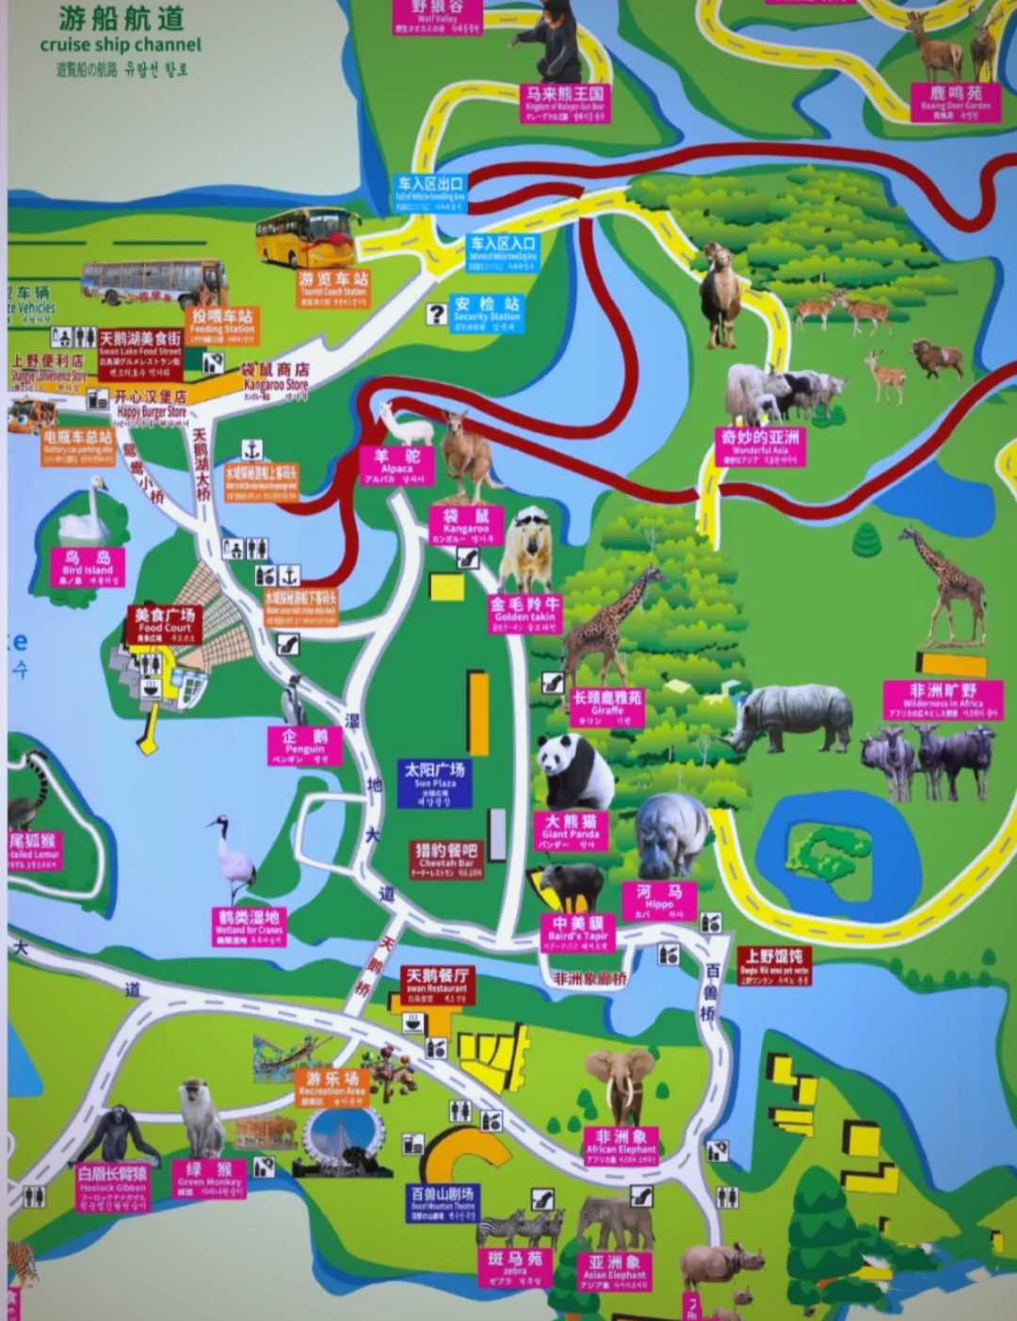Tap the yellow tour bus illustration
[307, 236]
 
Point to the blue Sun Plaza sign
[434, 783]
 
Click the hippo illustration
[670, 832]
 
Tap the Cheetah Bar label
[446, 859]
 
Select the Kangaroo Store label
[275, 379]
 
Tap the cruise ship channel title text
[121, 44]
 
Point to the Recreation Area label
[331, 1086]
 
